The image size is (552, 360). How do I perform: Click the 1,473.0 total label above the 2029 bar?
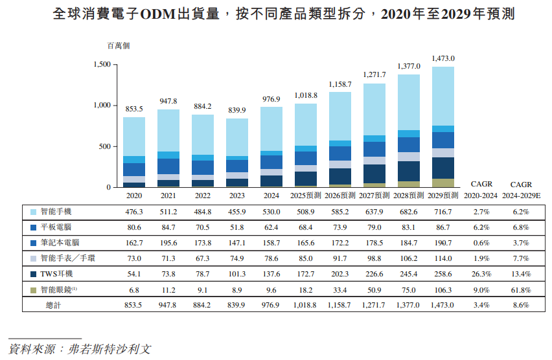point(448,58)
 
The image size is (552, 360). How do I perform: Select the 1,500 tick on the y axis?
point(102,64)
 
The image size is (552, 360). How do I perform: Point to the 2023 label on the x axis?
point(237,195)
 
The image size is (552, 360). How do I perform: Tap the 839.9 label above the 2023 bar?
point(237,110)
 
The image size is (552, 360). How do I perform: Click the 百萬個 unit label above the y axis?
point(119,46)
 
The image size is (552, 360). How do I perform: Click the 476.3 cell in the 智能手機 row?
point(134,212)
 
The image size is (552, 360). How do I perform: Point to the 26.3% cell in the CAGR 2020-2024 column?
point(481,274)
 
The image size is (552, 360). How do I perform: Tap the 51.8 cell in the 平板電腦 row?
point(236,227)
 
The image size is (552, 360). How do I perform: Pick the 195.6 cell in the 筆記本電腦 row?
point(168,243)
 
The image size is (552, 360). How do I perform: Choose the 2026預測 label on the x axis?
point(340,195)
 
